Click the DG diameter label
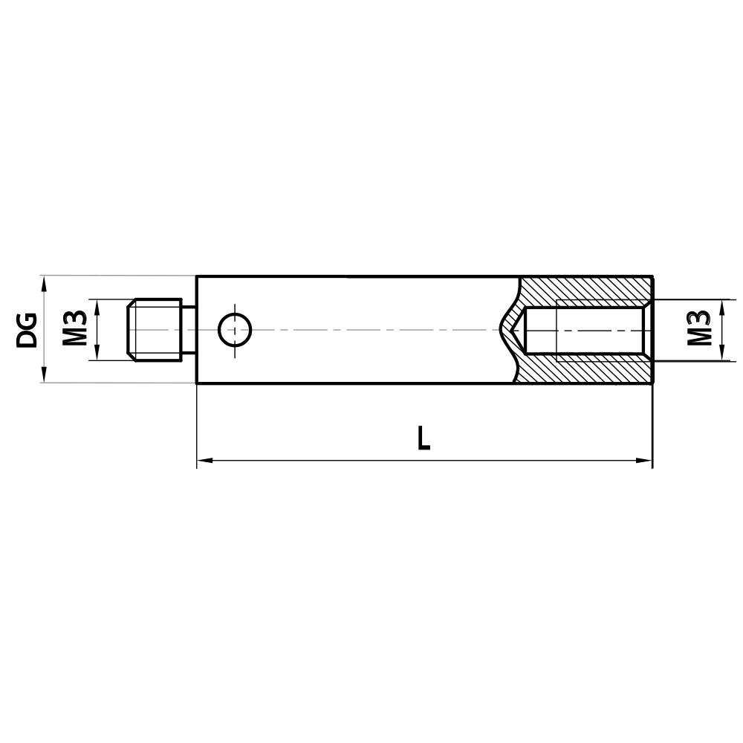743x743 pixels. pos(27,330)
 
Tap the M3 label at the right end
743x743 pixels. pos(698,329)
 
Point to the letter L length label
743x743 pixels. pos(424,438)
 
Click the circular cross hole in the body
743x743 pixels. pos(235,330)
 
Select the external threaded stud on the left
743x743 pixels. pos(155,330)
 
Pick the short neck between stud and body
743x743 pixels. pos(189,330)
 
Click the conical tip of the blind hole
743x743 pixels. pos(513,330)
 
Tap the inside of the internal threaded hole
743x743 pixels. pos(587,330)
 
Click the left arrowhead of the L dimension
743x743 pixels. pos(203,461)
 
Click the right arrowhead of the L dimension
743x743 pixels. pos(646,461)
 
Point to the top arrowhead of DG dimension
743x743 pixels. pos(45,282)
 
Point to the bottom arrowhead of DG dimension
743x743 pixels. pos(45,377)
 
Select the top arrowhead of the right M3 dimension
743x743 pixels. pos(721,305)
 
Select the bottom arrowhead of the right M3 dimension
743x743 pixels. pos(721,355)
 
